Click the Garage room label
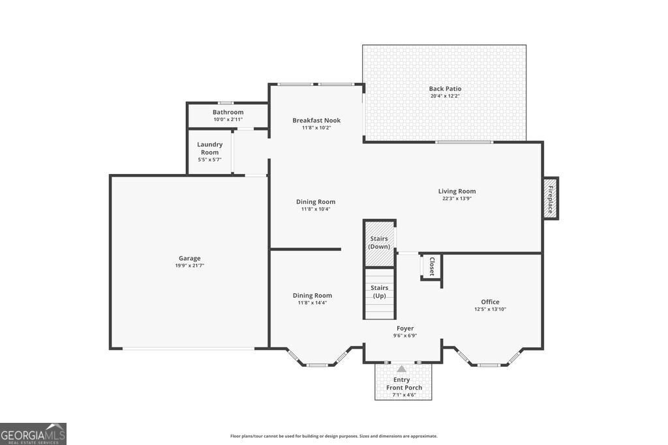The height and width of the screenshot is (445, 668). click(x=190, y=258)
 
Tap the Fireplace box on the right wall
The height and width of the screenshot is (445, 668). click(x=551, y=199)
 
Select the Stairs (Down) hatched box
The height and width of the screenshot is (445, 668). click(x=379, y=243)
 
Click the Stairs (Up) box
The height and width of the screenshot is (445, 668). click(x=379, y=293)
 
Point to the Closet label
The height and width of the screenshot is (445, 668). click(x=431, y=266)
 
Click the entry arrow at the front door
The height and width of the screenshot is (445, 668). click(x=402, y=369)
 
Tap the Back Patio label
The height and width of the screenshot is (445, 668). click(x=445, y=89)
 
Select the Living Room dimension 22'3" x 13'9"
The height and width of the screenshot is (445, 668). click(x=457, y=199)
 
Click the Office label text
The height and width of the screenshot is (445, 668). click(x=490, y=302)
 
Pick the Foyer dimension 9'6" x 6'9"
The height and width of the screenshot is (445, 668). click(x=404, y=336)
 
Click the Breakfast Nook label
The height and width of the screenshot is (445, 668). click(x=316, y=120)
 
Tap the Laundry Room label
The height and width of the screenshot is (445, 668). click(x=210, y=148)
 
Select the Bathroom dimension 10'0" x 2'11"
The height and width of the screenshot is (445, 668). click(x=228, y=119)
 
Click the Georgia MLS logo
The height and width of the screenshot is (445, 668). click(x=33, y=434)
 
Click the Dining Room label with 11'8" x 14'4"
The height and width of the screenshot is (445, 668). click(x=312, y=295)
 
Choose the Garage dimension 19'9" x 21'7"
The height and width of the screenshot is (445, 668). click(x=190, y=266)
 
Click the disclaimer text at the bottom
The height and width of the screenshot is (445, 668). click(x=333, y=437)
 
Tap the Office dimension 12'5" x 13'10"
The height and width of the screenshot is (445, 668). click(x=490, y=309)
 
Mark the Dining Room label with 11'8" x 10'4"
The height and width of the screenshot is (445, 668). click(x=316, y=202)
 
